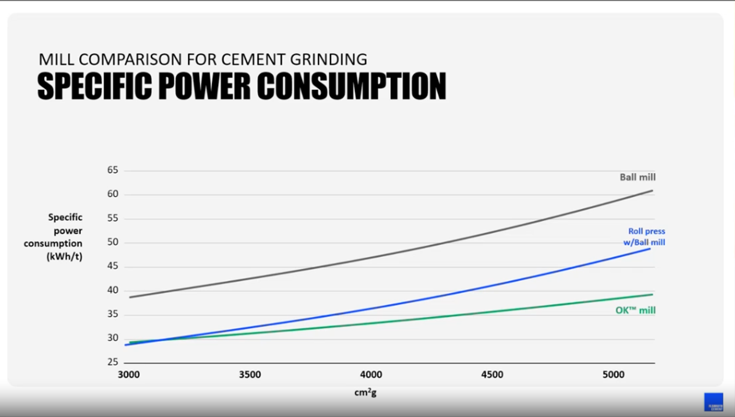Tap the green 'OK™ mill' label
pyautogui.click(x=635, y=310)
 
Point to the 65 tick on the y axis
pyautogui.click(x=113, y=170)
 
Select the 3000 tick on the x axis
pyautogui.click(x=129, y=375)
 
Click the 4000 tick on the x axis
pyautogui.click(x=371, y=375)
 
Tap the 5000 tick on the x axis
pyautogui.click(x=613, y=375)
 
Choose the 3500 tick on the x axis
pyautogui.click(x=250, y=375)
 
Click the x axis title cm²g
pyautogui.click(x=365, y=392)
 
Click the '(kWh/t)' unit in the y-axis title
pyautogui.click(x=65, y=256)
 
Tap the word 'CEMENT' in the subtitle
pyautogui.click(x=253, y=59)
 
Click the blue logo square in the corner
pyautogui.click(x=714, y=402)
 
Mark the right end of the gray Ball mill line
pyautogui.click(x=652, y=191)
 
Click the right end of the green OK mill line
pyautogui.click(x=652, y=294)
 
